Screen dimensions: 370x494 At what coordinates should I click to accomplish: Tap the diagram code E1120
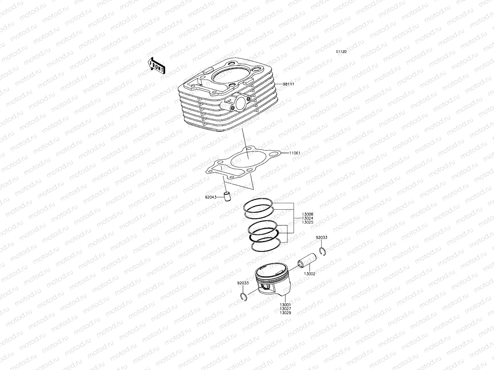click(x=341, y=52)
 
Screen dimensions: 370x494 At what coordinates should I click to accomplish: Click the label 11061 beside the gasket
click(x=295, y=153)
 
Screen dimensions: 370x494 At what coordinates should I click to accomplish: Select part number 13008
click(x=308, y=214)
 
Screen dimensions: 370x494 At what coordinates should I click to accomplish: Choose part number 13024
click(x=308, y=218)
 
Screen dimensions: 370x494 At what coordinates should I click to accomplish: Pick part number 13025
click(x=308, y=222)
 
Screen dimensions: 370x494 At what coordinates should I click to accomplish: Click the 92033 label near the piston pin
click(x=321, y=238)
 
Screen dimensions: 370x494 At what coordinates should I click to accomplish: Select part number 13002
click(x=309, y=273)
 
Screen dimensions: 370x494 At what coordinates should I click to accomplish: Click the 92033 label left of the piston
click(x=243, y=283)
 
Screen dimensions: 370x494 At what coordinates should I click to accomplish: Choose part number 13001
click(x=286, y=305)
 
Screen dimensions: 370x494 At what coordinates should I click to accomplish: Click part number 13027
click(x=286, y=309)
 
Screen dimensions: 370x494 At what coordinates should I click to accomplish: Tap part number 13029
click(x=286, y=313)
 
